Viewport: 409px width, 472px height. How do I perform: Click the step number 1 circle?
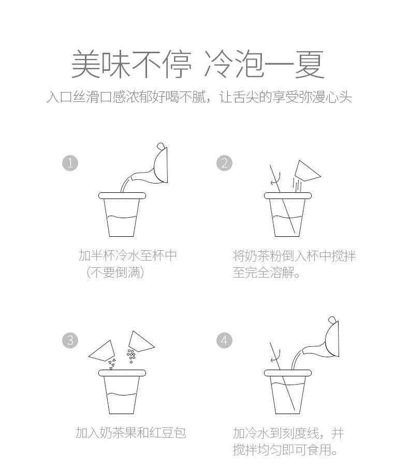70,163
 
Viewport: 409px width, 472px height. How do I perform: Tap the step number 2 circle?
225,163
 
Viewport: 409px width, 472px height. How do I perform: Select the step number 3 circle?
70,341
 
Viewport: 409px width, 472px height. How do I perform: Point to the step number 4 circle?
225,341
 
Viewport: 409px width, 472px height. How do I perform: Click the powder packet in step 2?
308,171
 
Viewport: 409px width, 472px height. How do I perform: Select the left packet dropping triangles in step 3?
103,351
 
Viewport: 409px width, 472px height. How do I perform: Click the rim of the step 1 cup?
122,195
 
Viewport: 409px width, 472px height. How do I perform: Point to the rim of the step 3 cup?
122,373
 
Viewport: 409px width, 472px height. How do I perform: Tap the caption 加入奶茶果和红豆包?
130,433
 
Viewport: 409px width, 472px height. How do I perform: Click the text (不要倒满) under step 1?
115,272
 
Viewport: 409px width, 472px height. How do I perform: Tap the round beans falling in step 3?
131,356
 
